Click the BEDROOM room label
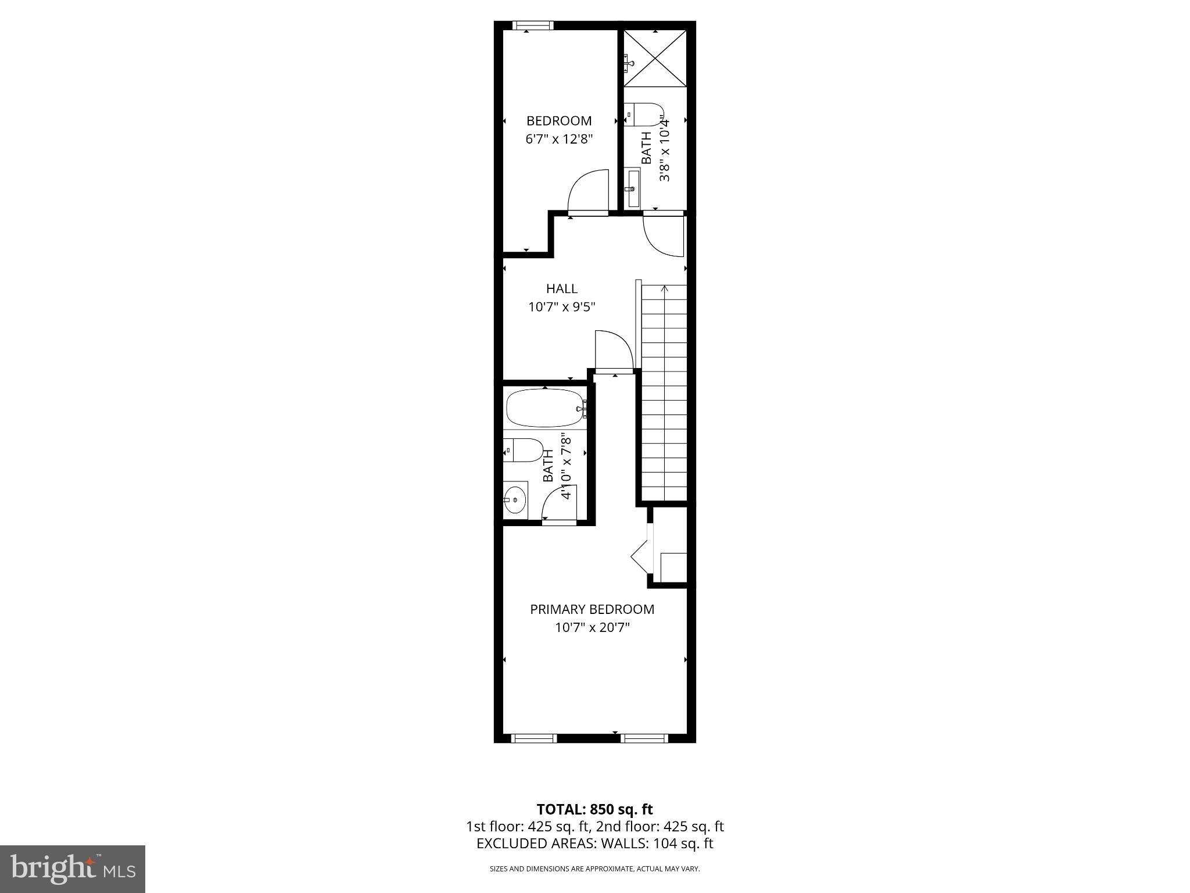pos(559,121)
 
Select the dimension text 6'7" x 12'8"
pos(559,140)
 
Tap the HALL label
pos(561,288)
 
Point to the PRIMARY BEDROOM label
pos(592,609)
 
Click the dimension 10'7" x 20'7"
pos(592,628)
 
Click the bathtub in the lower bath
pos(545,408)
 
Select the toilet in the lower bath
pos(523,450)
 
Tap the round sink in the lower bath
pos(515,499)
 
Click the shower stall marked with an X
pos(655,58)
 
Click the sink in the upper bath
pos(632,188)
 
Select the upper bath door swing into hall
pos(664,236)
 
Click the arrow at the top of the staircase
pos(665,288)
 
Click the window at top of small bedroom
pos(533,25)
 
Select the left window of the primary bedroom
pos(533,738)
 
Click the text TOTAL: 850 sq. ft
pos(594,809)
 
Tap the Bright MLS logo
pos(73,869)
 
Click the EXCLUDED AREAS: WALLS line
pos(594,844)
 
